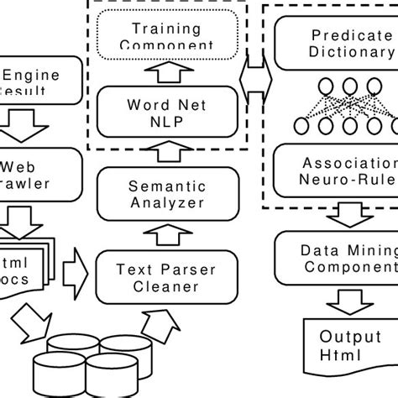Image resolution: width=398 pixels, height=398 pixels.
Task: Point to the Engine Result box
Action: [38, 81]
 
